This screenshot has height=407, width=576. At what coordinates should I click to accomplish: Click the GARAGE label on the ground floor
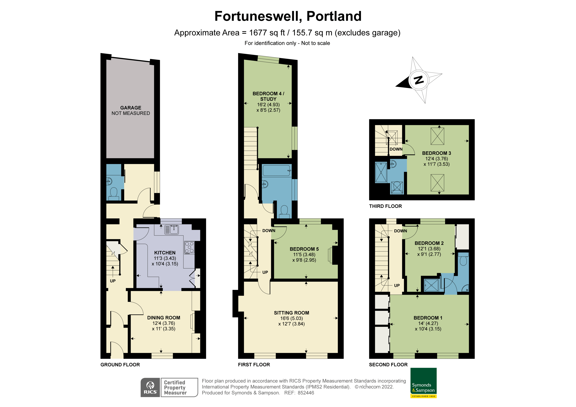(x=130, y=108)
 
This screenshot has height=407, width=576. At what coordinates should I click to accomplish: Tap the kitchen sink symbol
(x=171, y=230)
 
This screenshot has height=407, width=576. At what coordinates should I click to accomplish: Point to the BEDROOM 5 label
(x=304, y=249)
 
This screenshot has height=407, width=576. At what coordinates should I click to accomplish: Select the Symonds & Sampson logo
(x=423, y=382)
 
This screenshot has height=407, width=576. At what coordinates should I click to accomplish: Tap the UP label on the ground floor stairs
(x=113, y=281)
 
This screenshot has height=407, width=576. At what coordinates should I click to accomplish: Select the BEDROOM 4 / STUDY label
(x=268, y=96)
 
